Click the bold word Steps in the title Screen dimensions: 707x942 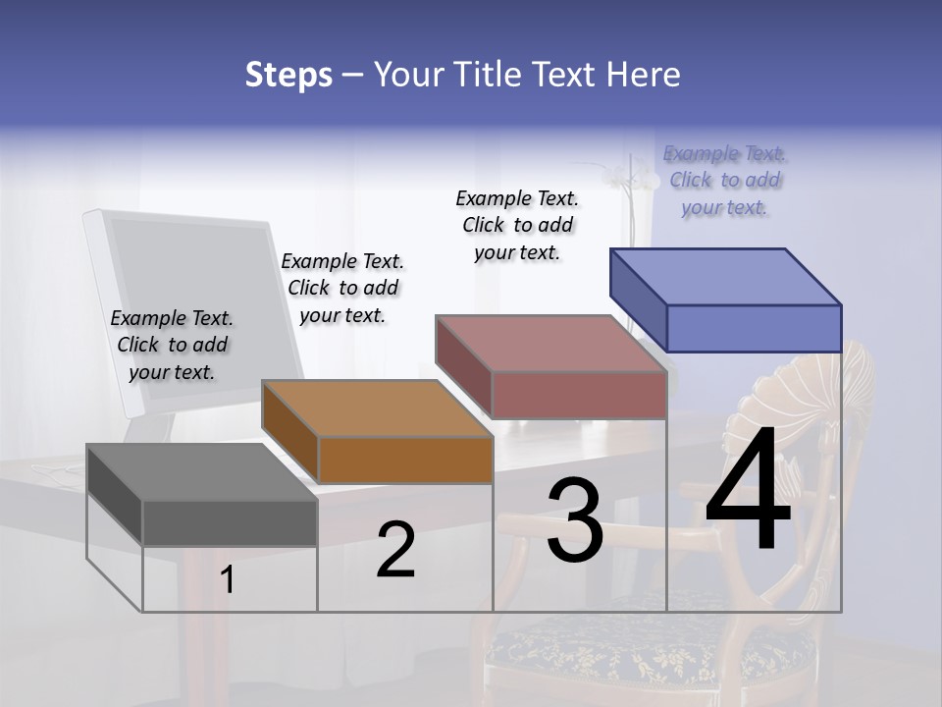click(x=288, y=75)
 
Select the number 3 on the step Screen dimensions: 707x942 click(x=575, y=520)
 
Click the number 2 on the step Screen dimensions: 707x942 click(x=395, y=550)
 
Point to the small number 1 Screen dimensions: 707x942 click(x=228, y=579)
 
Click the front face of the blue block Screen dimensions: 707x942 click(x=754, y=328)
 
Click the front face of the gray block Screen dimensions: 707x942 click(x=230, y=522)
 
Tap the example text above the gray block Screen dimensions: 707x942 click(x=172, y=345)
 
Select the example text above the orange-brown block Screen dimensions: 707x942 click(x=342, y=288)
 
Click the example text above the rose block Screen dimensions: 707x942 click(x=517, y=225)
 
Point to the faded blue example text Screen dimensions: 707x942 click(x=724, y=180)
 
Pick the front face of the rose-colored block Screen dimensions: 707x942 click(x=579, y=395)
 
